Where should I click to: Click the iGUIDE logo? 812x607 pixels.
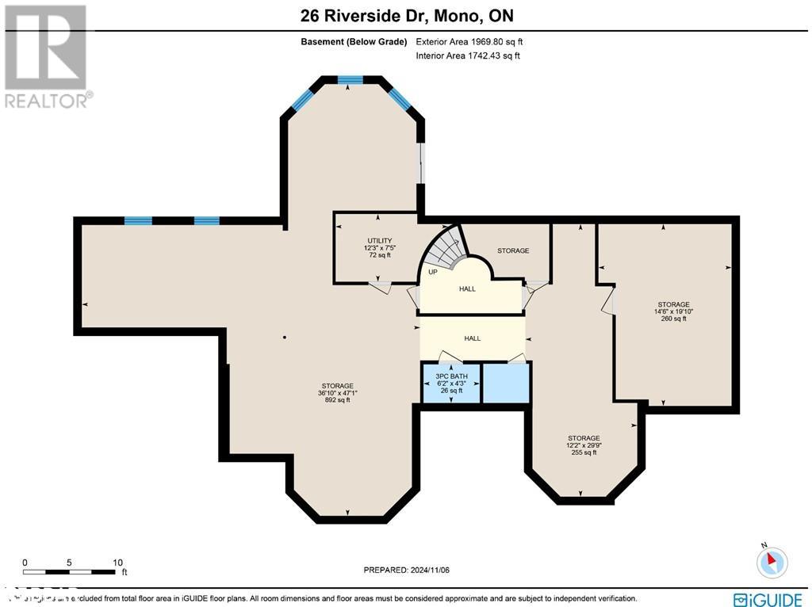point(770,599)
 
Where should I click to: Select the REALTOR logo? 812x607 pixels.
point(46,55)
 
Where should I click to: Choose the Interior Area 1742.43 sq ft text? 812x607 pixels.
point(468,55)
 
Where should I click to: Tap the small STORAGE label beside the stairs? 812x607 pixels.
point(513,250)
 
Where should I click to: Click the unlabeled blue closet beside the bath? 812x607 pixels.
point(506,383)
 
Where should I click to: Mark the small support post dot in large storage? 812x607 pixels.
point(285,337)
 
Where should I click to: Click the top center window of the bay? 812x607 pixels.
point(350,80)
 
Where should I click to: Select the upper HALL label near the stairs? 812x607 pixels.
point(467,288)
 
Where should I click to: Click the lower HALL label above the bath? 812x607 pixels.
point(473,338)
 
